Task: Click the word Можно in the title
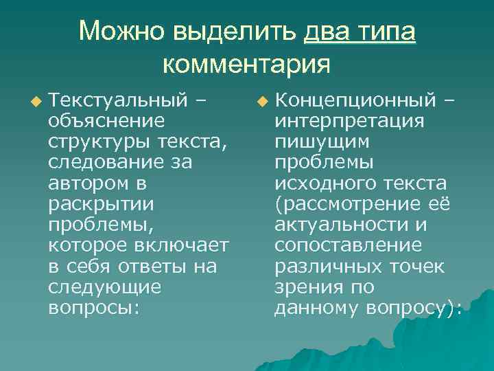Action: point(120,32)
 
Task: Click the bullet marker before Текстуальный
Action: point(36,103)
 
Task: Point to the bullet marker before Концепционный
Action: point(261,103)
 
